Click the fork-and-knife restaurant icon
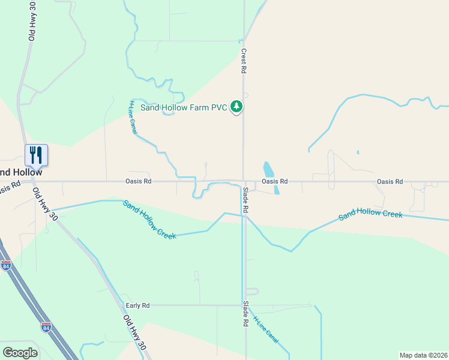(36, 155)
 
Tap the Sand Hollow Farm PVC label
(184, 107)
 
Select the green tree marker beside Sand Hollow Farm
(238, 107)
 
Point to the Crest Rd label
(244, 62)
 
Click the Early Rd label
(137, 305)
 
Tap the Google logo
(20, 353)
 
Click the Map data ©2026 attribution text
(423, 355)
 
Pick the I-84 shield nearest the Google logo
(46, 328)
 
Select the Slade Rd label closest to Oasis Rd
(246, 200)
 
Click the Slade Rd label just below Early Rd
(246, 313)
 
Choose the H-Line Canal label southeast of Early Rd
(266, 329)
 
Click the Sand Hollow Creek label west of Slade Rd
(149, 220)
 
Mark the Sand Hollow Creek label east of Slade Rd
(370, 214)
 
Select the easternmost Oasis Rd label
(390, 181)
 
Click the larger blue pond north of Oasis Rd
(268, 169)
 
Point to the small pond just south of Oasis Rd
(277, 190)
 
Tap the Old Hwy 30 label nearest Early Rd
(135, 333)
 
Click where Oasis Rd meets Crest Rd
(243, 181)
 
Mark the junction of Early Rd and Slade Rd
(246, 305)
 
